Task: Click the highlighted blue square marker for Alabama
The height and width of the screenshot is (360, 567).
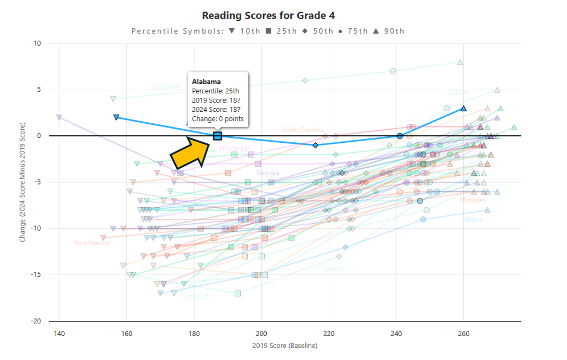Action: coord(218,136)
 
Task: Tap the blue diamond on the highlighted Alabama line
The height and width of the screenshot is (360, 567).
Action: coord(315,145)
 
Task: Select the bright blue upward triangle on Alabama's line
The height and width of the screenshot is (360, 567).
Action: coord(464,108)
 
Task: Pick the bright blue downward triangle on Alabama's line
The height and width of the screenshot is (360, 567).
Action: coord(116,117)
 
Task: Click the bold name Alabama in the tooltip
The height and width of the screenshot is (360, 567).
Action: coord(207,81)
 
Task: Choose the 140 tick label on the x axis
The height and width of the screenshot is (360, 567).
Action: coord(59,333)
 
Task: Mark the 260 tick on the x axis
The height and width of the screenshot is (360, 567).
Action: coord(464,333)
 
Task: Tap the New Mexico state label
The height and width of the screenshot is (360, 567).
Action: coord(92,243)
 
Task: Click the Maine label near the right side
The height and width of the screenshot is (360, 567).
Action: coord(474,220)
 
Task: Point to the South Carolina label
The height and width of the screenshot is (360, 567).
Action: coord(302,130)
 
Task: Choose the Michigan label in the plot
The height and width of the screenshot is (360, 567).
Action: coord(472,200)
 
